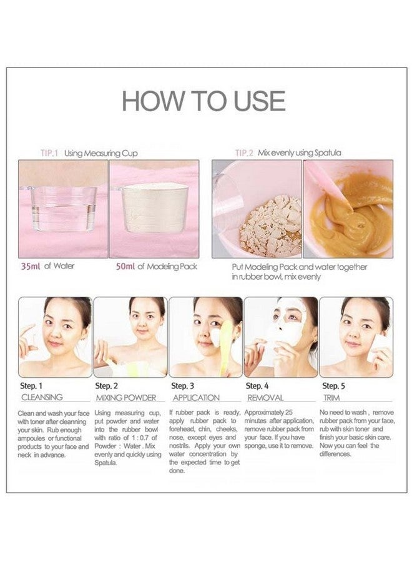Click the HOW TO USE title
204,101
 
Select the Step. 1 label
32,386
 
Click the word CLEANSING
42,397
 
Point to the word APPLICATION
195,397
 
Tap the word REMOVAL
265,397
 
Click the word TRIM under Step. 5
331,397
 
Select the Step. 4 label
257,386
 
